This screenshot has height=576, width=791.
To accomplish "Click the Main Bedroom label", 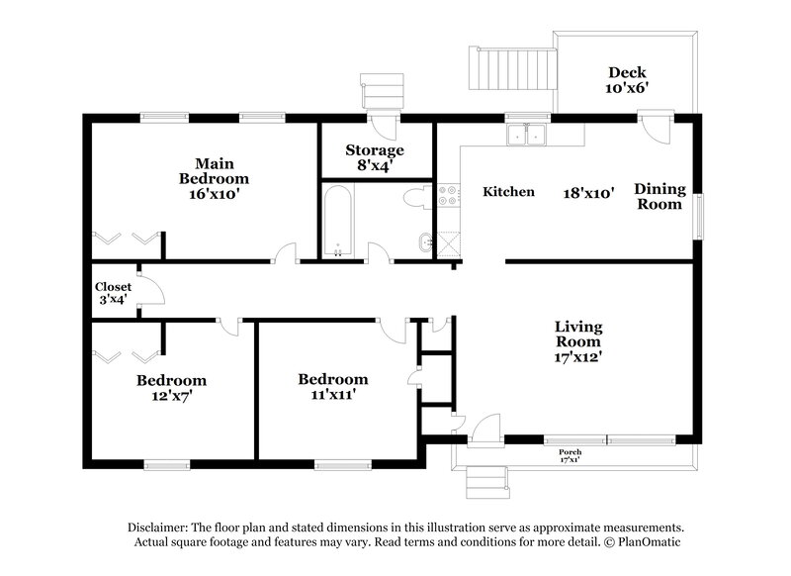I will (214, 178).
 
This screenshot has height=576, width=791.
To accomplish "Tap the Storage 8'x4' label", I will (374, 157).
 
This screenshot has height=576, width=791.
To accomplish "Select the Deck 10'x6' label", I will (628, 79).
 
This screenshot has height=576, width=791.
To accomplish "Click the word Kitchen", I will (508, 192).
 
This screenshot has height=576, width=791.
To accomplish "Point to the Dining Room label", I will (659, 196).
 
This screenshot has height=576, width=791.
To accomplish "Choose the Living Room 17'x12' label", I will (578, 341).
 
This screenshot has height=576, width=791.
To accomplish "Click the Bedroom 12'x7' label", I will (171, 387).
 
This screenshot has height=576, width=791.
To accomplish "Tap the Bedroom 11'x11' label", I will (333, 386).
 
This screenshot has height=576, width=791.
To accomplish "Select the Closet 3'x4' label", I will (113, 293).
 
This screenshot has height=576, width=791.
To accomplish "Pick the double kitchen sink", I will (527, 135).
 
